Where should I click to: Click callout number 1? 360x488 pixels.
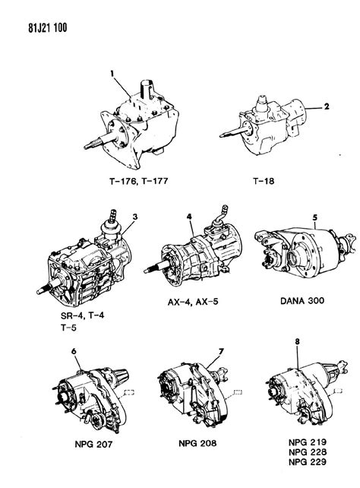pos(111,74)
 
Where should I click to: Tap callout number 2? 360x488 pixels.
pos(327,107)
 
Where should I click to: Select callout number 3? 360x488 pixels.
pos(134,218)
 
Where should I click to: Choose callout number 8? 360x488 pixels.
pos(297,343)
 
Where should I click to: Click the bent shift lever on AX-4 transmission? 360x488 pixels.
pos(223,212)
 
